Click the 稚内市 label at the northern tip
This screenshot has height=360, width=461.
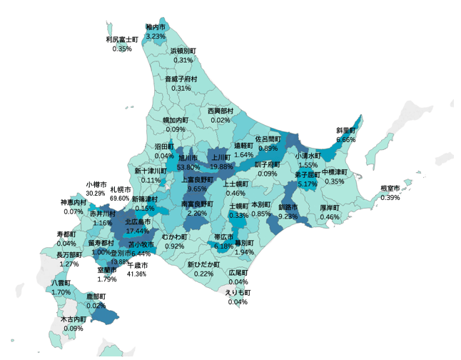155,26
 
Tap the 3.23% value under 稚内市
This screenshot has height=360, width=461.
155,35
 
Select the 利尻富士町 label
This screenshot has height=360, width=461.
122,40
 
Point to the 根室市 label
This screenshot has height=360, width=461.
390,189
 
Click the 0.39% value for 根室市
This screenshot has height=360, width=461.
390,197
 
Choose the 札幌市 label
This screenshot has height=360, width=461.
120,189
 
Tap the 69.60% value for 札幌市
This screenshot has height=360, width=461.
120,198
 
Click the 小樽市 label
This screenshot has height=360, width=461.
96,184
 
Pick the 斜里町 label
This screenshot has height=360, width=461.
345,131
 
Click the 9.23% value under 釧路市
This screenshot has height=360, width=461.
288,216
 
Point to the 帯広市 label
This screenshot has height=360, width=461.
224,237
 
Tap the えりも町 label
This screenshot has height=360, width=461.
238,293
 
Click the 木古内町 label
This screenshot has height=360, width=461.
73,319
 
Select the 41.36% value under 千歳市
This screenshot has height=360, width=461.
136,274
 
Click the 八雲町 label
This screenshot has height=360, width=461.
61,284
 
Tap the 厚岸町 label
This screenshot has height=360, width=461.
330,208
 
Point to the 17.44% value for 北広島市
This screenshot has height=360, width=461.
137,231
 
